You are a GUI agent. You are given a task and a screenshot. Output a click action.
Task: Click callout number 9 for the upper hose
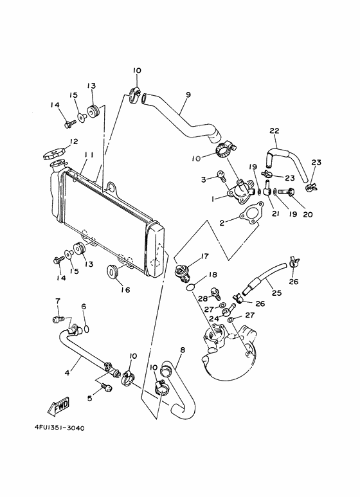(188, 95)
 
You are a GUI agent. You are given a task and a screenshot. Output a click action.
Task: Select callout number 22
(274, 131)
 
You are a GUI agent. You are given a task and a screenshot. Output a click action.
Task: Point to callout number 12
(74, 141)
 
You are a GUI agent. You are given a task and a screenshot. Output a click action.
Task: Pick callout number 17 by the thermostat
(205, 256)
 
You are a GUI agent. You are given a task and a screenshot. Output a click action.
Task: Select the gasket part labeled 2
(247, 217)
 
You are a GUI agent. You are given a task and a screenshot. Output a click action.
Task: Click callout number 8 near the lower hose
(182, 350)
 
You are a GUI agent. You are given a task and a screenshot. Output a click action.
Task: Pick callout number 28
(201, 299)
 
